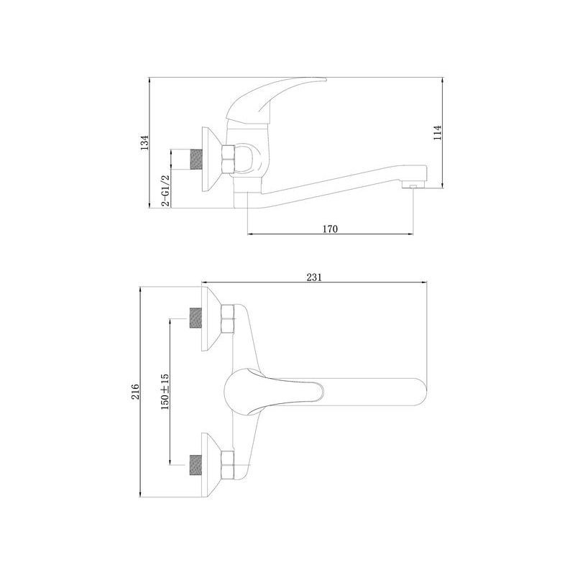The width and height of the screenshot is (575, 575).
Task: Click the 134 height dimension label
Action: (x=145, y=143)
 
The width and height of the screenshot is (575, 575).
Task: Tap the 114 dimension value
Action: (x=437, y=133)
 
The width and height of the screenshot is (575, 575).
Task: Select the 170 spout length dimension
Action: (x=330, y=229)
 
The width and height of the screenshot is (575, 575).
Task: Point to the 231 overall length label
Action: (x=314, y=277)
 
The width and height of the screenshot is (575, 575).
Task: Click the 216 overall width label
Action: (x=135, y=391)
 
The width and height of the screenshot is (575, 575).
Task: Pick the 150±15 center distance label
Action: (x=165, y=392)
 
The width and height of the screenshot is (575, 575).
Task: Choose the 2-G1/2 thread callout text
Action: (x=165, y=190)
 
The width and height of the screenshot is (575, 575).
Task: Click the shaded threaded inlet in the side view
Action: (x=196, y=160)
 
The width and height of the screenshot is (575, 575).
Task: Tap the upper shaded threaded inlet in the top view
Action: (x=196, y=318)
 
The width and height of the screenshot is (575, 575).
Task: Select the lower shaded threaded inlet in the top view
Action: (x=196, y=465)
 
